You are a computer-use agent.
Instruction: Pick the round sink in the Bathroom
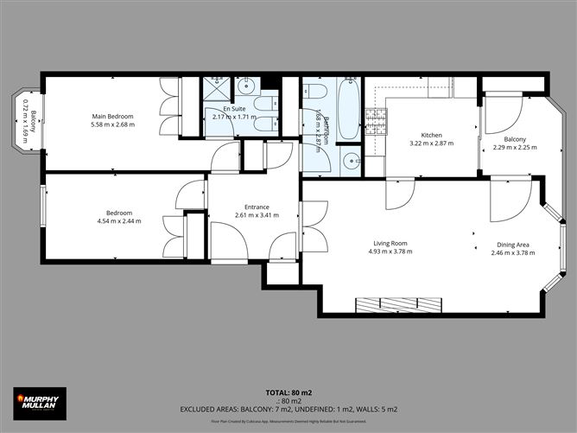point(350,160)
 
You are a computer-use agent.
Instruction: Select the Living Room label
point(390,243)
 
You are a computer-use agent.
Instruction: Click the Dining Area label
point(513,243)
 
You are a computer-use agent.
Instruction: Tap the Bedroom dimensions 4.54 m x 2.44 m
point(118,221)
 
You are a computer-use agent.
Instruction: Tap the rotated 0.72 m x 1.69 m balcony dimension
point(26,121)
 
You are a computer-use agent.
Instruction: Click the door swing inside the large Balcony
point(499,112)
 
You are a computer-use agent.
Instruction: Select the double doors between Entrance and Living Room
point(313,226)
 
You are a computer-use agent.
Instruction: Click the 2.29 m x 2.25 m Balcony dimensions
point(515,147)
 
